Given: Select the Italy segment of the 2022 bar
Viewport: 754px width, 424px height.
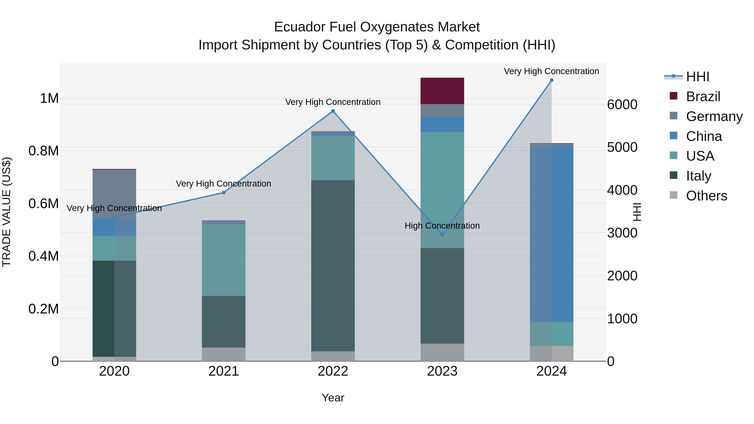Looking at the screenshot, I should pos(333,265).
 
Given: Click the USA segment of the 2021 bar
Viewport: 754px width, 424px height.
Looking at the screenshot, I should pos(224,260).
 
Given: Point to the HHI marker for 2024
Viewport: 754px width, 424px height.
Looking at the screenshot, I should pos(551,80).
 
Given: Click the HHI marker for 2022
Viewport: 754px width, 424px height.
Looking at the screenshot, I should pos(333,111).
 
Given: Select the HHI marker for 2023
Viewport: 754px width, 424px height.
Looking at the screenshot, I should pos(442,235).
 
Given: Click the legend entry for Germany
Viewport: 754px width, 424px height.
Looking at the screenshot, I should pos(714,116).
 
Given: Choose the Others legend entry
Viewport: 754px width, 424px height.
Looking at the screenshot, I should pos(706,196).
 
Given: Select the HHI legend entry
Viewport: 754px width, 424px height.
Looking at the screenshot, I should pos(697,77).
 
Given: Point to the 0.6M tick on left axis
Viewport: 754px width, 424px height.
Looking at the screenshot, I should pos(43,203).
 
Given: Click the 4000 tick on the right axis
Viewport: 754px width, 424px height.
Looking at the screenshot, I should pos(622,190).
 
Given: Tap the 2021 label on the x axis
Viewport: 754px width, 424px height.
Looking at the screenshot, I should pos(224,371).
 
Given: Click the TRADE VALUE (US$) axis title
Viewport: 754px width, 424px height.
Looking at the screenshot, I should pos(6,212).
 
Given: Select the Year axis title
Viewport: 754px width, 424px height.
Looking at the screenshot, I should pos(333,398).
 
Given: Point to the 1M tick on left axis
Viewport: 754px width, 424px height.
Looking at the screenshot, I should pos(49,98).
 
